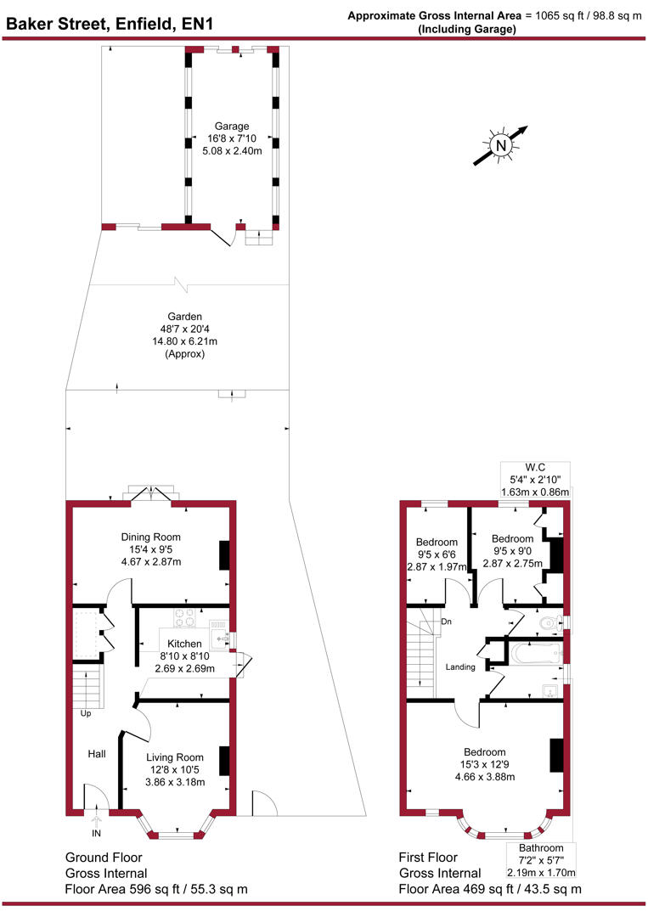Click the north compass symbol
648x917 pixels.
[501, 145]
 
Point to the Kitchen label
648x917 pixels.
[184, 644]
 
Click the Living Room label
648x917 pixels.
[175, 757]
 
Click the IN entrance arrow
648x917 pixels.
[97, 819]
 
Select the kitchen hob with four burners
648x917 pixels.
[184, 616]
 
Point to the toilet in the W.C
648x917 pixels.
[549, 624]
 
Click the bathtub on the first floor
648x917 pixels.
[535, 654]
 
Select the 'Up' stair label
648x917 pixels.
[86, 713]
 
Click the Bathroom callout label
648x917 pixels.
[541, 860]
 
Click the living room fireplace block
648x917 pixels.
[224, 760]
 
